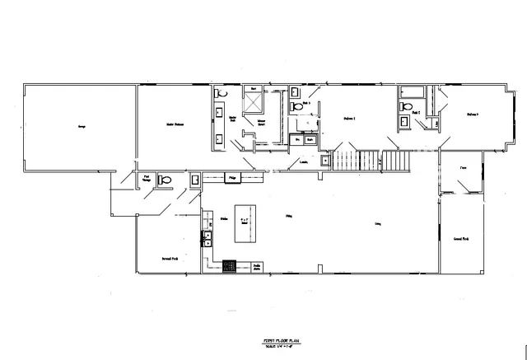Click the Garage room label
[82, 126]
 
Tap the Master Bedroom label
[173, 124]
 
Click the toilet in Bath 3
[296, 106]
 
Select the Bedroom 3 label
[473, 114]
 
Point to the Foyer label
[463, 167]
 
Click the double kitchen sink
[208, 239]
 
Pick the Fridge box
[234, 177]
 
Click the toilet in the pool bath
[164, 179]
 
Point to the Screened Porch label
[170, 259]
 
